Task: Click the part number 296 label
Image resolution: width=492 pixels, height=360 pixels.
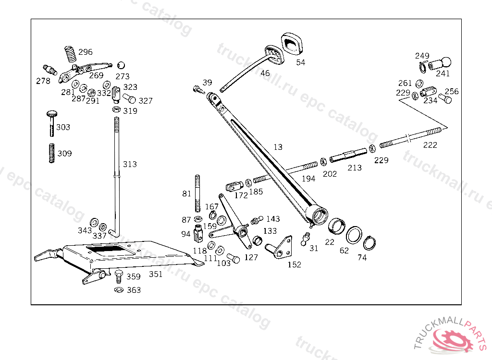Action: [x=86, y=52]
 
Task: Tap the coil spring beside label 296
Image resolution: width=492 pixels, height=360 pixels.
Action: [x=71, y=54]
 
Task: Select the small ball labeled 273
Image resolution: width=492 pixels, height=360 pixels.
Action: [x=121, y=65]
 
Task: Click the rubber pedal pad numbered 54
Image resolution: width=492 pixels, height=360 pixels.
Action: [x=293, y=44]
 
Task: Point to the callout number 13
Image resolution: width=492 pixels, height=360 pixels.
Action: [x=278, y=147]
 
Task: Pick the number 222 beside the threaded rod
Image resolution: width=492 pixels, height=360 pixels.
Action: [x=430, y=145]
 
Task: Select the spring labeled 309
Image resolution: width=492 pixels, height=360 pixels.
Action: [x=52, y=153]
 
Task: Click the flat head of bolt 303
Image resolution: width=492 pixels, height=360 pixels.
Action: [x=53, y=113]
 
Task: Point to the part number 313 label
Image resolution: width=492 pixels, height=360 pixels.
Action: [x=130, y=164]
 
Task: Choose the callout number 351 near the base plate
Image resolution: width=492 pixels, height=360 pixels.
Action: [x=156, y=274]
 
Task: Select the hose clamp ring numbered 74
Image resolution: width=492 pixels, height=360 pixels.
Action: [x=369, y=242]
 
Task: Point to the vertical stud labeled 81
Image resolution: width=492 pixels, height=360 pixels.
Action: [x=197, y=193]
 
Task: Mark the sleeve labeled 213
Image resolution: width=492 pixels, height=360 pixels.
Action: [x=348, y=156]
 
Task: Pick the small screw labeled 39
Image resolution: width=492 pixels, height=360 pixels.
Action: [x=198, y=89]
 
